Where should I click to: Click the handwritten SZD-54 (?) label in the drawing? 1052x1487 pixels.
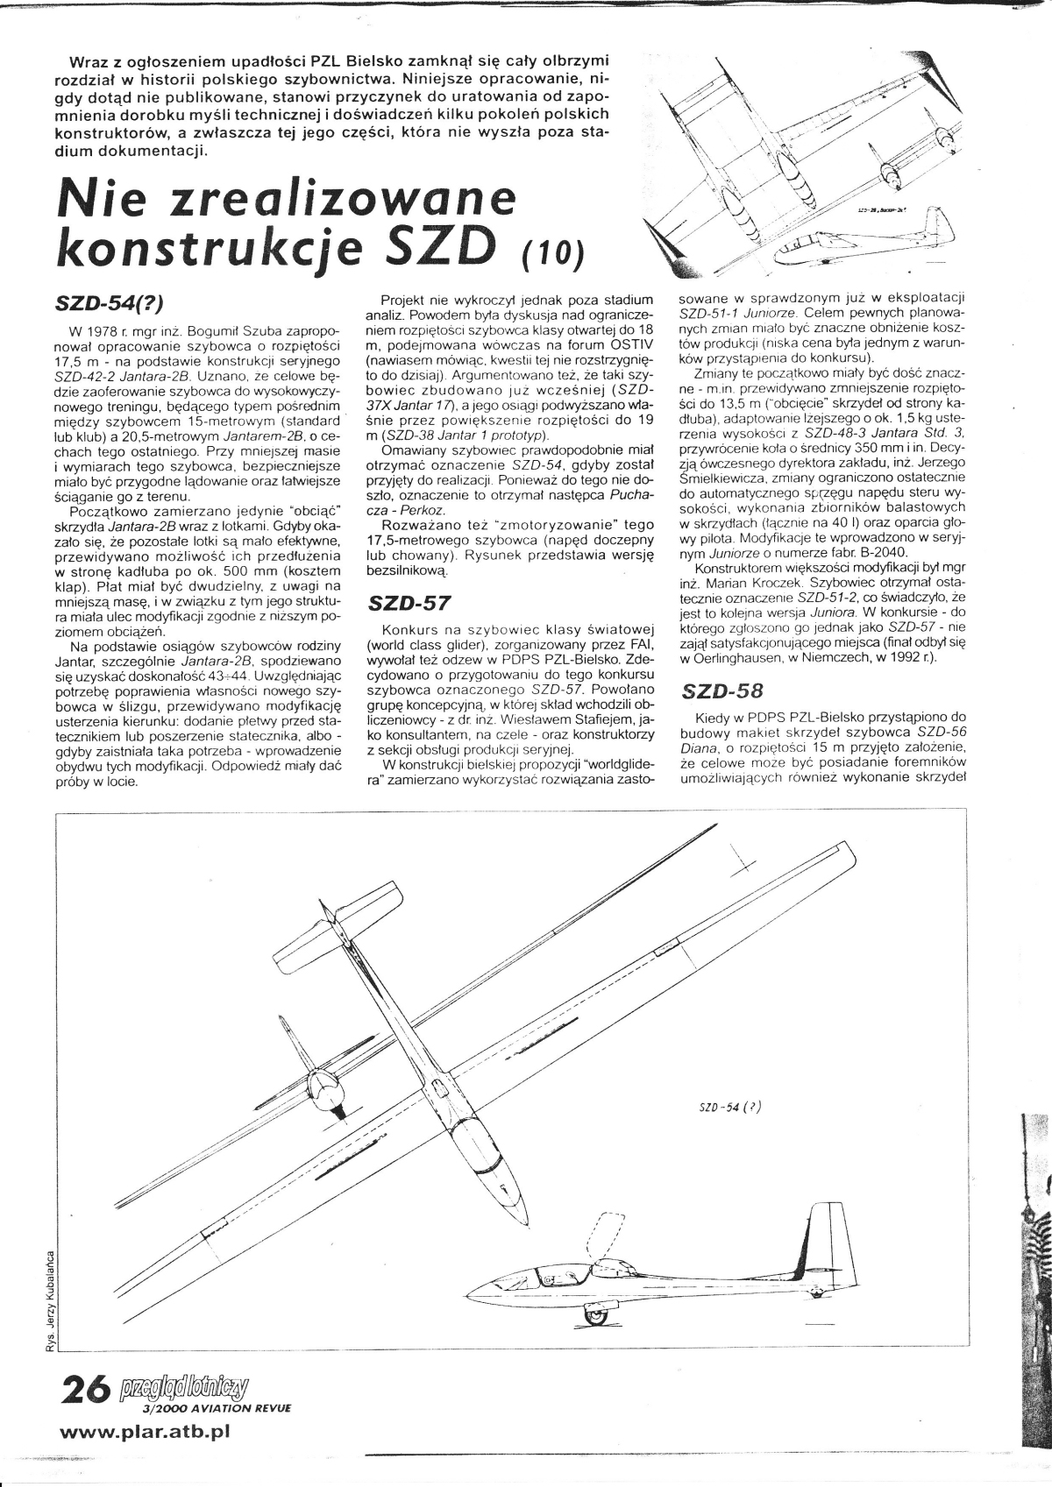729,1105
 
